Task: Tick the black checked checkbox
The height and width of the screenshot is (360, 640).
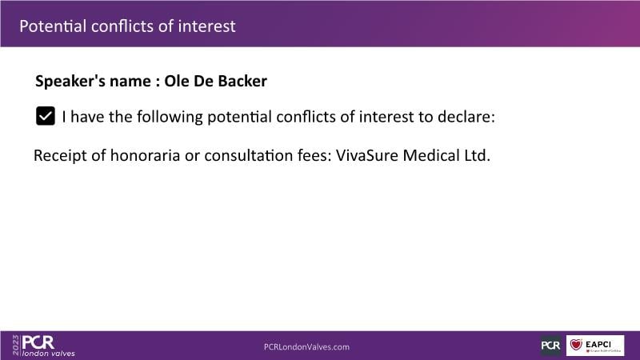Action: coord(46,116)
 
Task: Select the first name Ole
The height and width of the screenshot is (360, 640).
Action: coord(176,81)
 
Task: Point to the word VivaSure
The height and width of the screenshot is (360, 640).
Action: coord(366,155)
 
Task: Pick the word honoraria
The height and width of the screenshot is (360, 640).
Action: coord(145,155)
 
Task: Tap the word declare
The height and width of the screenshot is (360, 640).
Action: coord(466,117)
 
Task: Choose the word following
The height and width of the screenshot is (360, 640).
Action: coord(170,117)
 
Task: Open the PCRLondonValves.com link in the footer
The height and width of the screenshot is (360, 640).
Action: coord(306,347)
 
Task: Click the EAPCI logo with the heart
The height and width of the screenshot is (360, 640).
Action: coord(595,346)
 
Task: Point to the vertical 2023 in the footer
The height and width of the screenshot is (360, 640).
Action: coord(15,346)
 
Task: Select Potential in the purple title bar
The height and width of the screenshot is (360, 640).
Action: coord(53,26)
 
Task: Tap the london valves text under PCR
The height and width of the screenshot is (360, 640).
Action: coord(49,354)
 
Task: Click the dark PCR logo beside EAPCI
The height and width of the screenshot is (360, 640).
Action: coord(551,346)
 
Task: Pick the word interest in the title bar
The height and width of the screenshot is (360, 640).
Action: coord(206,26)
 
